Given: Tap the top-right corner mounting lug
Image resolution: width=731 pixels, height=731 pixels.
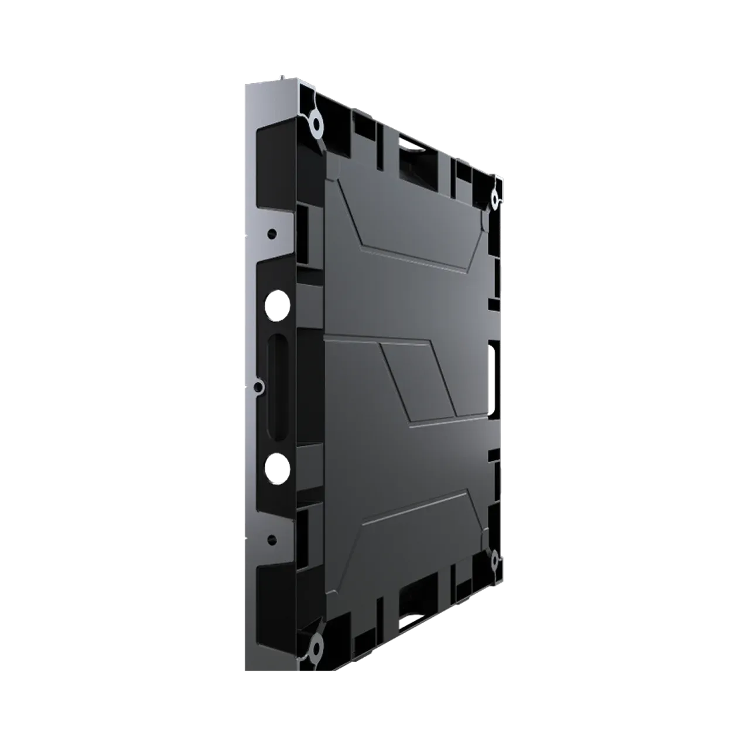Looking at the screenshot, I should (x=495, y=199).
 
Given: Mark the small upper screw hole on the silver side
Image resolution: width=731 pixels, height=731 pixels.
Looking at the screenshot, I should (x=271, y=234).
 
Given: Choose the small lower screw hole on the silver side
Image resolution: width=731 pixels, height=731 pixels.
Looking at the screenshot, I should (x=271, y=538).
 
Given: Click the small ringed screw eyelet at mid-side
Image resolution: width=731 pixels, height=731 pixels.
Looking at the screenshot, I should (x=258, y=386).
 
